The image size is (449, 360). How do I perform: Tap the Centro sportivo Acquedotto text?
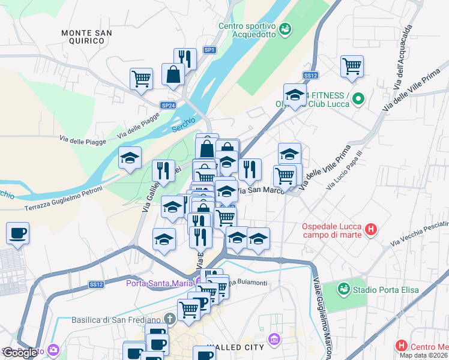point(247,30)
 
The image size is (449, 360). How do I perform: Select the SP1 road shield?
point(209,50)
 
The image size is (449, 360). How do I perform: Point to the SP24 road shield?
point(168,105)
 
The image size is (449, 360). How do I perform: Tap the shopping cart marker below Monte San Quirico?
point(141,79)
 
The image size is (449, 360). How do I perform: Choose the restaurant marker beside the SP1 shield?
point(185,59)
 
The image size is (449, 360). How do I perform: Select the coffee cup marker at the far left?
point(18,233)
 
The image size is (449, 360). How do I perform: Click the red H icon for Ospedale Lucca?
point(372,229)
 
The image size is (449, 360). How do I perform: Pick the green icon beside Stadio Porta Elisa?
point(343,289)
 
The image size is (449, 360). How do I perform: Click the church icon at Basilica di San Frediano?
point(170,319)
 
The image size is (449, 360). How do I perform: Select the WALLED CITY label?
point(235,347)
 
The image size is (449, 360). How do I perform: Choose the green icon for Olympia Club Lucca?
point(358,98)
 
